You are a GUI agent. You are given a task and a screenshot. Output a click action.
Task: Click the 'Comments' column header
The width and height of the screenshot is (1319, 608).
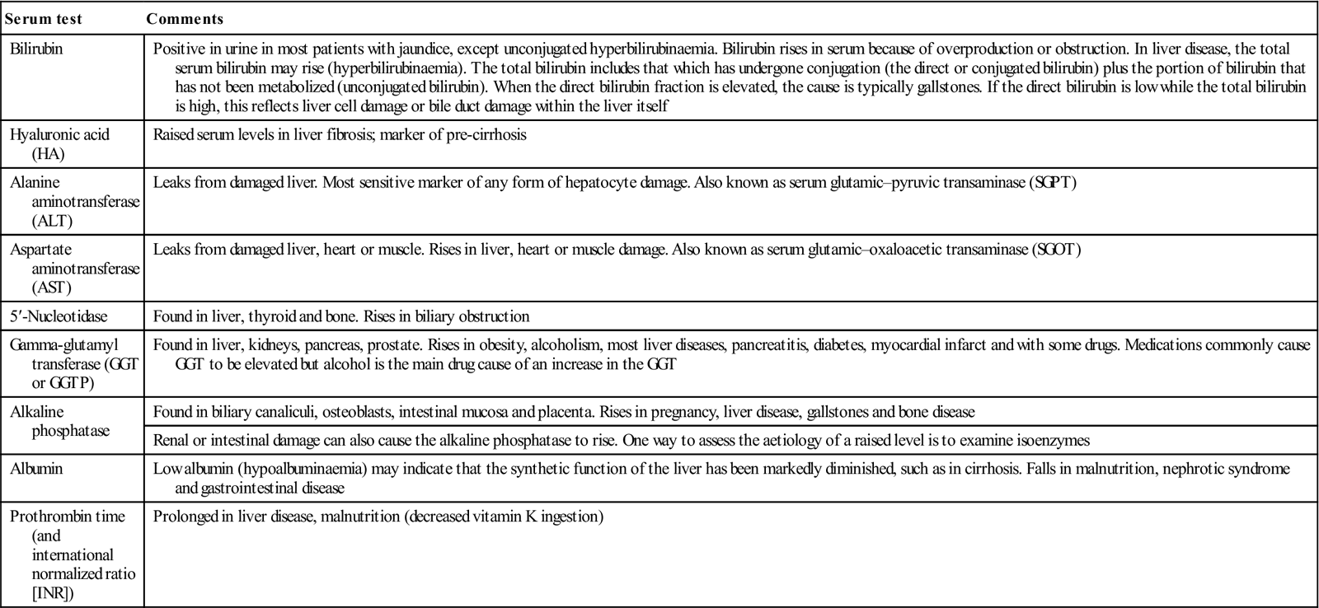pos(185,19)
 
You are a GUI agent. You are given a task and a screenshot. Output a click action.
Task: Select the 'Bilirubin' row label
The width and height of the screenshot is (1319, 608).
pos(36,49)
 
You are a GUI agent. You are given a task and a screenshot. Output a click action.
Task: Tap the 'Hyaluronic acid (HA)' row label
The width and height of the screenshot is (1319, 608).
pos(59,144)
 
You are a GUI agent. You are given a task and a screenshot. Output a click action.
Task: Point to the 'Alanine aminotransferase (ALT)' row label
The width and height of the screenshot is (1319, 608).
pos(74,202)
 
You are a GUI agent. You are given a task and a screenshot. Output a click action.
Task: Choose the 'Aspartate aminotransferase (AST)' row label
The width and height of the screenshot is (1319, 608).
pos(74,268)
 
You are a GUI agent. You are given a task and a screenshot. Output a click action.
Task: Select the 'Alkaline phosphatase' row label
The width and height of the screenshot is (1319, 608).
pos(59,421)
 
